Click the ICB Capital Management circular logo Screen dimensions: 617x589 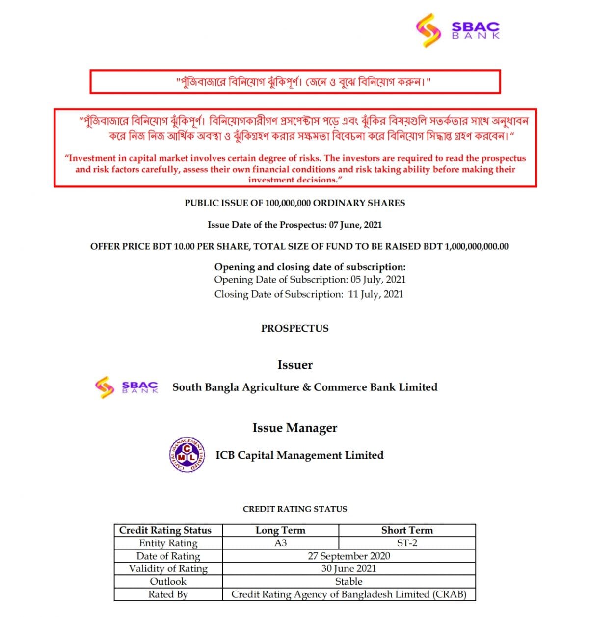coord(187,455)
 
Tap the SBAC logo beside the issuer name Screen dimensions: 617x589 coord(127,387)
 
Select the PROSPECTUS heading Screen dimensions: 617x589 coord(294,328)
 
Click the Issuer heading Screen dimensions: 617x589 coord(294,365)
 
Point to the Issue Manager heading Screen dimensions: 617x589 coord(294,428)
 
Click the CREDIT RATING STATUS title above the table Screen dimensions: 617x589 coord(294,509)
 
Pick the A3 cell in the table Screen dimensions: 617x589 coord(280,543)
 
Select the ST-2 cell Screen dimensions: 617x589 coord(407,543)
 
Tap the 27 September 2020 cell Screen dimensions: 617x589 coord(348,556)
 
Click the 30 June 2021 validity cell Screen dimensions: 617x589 coord(348,568)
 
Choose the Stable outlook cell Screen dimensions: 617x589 coord(348,581)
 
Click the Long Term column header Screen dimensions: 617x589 coord(280,530)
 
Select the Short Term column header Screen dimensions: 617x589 coord(407,530)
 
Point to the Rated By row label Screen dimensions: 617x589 coord(168,594)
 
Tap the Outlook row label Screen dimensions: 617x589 coord(168,581)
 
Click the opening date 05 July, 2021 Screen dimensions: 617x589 coord(378,280)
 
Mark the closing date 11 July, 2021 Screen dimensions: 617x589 coord(375,294)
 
